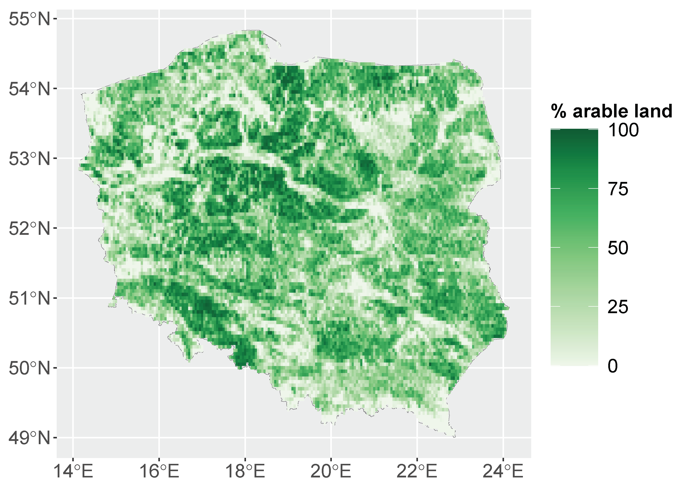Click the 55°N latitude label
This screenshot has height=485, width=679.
pyautogui.click(x=29, y=19)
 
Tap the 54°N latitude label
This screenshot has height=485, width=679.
pyautogui.click(x=29, y=89)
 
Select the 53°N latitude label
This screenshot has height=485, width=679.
pyautogui.click(x=29, y=158)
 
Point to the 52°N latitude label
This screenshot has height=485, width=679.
pyautogui.click(x=29, y=229)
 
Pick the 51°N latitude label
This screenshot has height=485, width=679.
pyautogui.click(x=29, y=298)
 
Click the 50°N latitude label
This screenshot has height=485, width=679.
pyautogui.click(x=29, y=368)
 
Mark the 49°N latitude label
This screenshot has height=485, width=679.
pyautogui.click(x=29, y=438)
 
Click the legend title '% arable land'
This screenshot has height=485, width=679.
pyautogui.click(x=611, y=111)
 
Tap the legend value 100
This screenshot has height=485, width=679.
pyautogui.click(x=623, y=130)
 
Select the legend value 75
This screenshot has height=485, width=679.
pyautogui.click(x=618, y=189)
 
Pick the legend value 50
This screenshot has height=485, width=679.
pyautogui.click(x=618, y=248)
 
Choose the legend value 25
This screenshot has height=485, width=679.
pyautogui.click(x=618, y=307)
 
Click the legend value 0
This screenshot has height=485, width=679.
pyautogui.click(x=613, y=366)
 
